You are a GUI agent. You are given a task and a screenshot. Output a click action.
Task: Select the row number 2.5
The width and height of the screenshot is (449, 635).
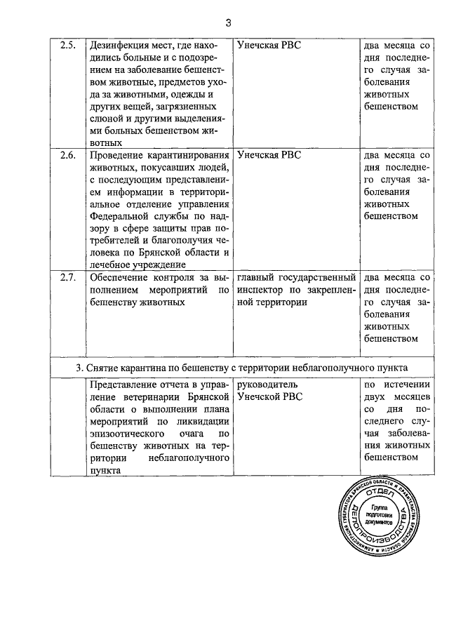67,46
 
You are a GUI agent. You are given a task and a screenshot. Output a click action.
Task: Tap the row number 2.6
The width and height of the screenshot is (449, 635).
67,155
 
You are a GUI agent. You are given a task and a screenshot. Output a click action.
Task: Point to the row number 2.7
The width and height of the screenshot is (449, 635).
67,277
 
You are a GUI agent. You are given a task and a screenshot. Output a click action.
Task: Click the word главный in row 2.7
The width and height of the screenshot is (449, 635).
258,277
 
